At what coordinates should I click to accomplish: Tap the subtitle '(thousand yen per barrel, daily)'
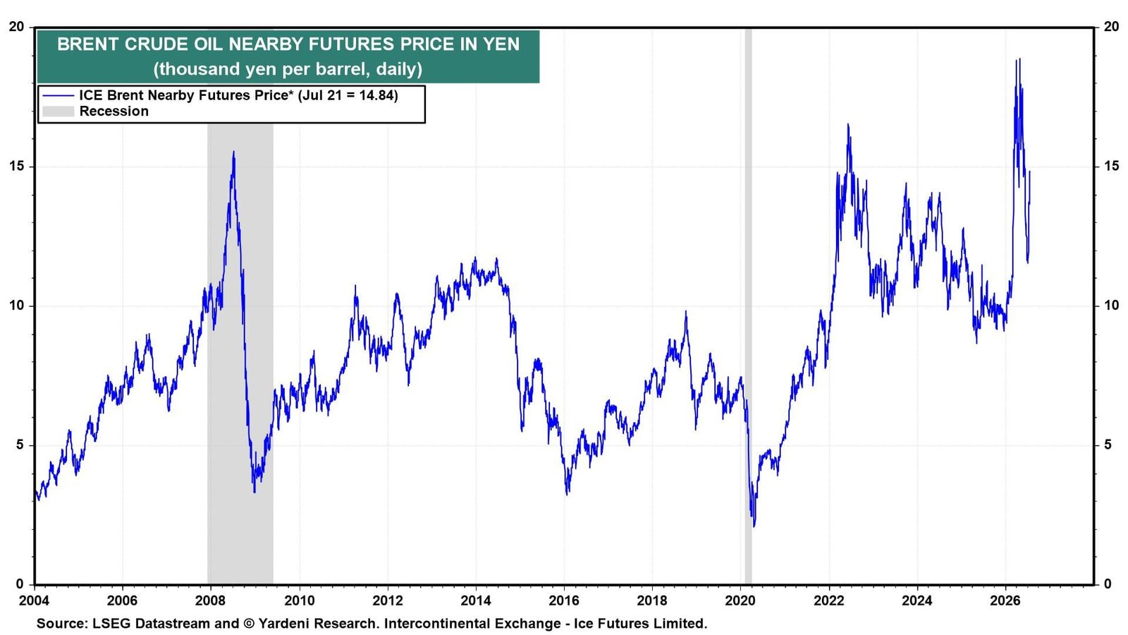pyautogui.click(x=288, y=68)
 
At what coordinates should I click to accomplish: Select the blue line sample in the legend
pyautogui.click(x=58, y=95)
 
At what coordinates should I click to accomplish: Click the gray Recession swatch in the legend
pyautogui.click(x=58, y=111)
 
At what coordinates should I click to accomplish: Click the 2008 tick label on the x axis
pyautogui.click(x=211, y=600)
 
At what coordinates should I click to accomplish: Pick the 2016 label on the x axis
pyautogui.click(x=564, y=600)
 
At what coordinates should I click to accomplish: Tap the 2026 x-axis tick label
pyautogui.click(x=1005, y=600)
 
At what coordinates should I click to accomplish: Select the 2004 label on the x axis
pyautogui.click(x=35, y=600)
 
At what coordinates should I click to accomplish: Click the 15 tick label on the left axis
pyautogui.click(x=17, y=166)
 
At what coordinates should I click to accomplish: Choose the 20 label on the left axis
pyautogui.click(x=17, y=26)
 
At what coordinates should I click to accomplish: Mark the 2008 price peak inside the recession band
pyautogui.click(x=233, y=151)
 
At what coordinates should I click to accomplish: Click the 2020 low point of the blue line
pyautogui.click(x=754, y=526)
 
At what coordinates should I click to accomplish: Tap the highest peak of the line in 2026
pyautogui.click(x=1019, y=59)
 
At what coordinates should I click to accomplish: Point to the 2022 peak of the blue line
pyautogui.click(x=848, y=124)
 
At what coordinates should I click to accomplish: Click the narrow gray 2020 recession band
pyautogui.click(x=748, y=306)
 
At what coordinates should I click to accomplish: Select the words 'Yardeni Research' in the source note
pyautogui.click(x=318, y=624)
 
